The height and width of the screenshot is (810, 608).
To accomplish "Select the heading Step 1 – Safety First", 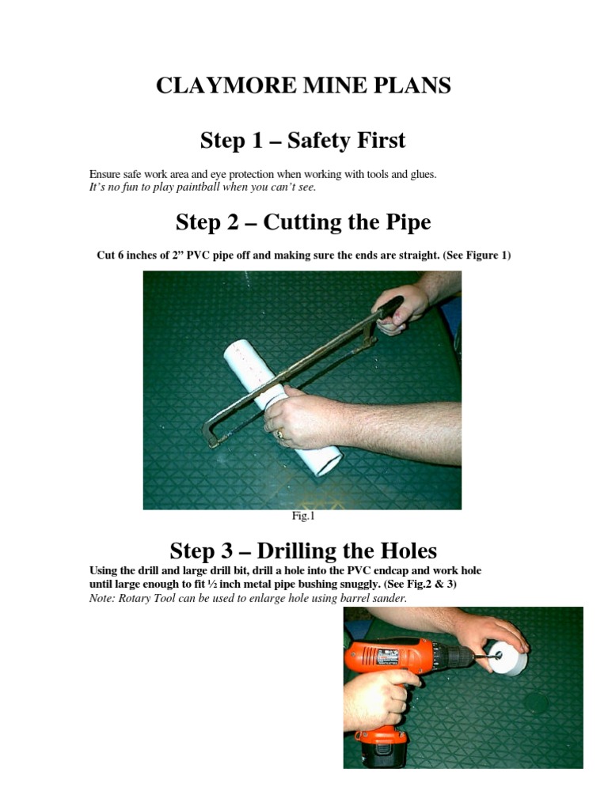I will (303, 141).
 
